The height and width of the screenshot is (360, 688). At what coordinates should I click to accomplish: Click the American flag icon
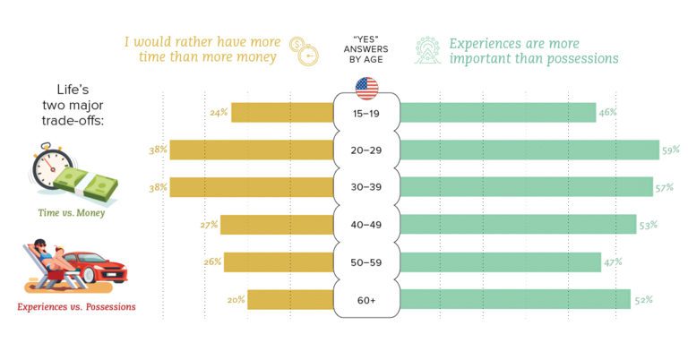366,88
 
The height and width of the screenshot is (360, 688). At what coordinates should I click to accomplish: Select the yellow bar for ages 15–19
281,112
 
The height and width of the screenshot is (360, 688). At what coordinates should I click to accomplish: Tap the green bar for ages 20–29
529,150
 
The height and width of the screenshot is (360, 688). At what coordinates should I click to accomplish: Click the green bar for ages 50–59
500,261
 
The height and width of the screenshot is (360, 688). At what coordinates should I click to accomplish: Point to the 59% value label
670,150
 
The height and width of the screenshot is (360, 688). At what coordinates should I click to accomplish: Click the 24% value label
219,112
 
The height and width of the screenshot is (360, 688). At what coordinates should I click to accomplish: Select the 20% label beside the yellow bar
236,299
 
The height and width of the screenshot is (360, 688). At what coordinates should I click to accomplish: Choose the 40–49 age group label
366,225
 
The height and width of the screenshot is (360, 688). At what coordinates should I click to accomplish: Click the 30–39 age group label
366,187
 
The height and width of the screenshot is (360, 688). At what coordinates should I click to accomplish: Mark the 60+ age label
366,299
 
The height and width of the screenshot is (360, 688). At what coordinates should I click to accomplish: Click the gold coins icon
305,50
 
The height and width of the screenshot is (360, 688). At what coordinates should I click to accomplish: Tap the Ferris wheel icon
428,50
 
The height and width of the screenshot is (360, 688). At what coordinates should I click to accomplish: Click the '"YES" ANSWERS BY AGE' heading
366,50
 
